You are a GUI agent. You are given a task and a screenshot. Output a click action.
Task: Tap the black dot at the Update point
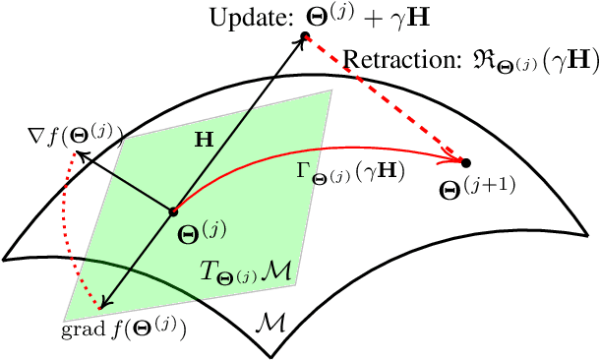(x=305, y=37)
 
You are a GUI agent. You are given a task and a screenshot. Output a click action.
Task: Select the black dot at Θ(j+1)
(x=465, y=161)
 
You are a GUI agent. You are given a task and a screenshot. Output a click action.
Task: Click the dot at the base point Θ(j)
(x=173, y=210)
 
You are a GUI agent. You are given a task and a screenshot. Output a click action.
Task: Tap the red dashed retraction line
(x=384, y=98)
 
